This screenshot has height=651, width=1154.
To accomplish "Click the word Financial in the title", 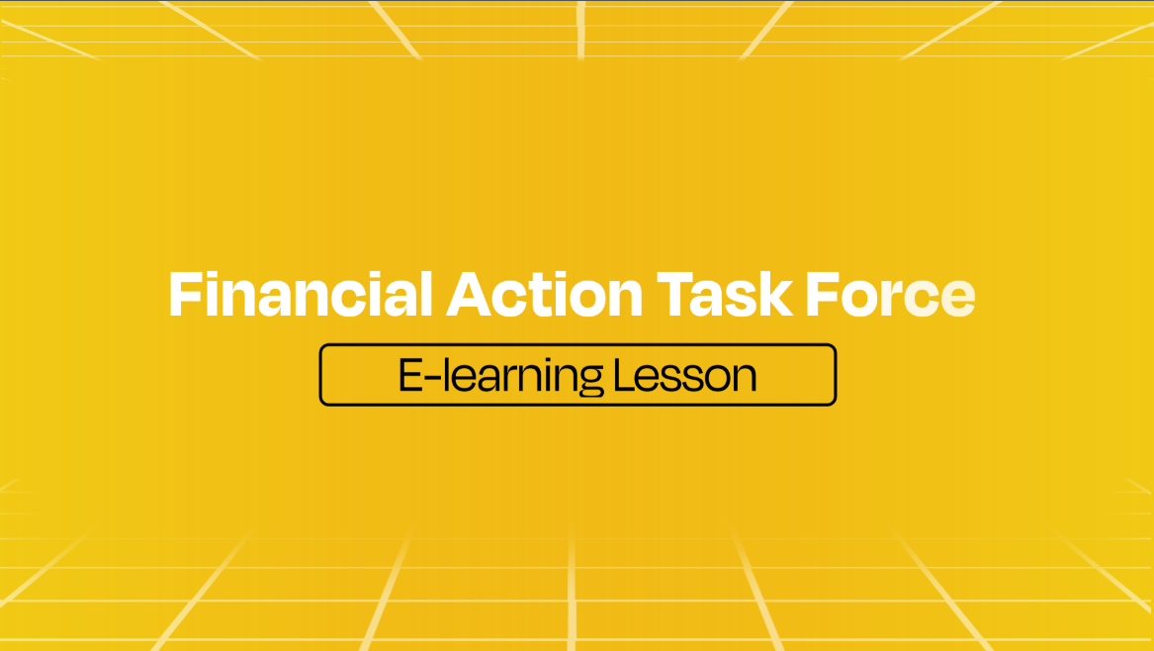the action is (301, 295).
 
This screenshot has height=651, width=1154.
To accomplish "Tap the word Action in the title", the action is (545, 295).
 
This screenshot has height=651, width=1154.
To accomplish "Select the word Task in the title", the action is (724, 295).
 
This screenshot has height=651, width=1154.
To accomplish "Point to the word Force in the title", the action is (891, 295).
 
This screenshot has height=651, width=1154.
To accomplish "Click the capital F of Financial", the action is (186, 294).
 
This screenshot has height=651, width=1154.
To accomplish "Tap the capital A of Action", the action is (469, 294).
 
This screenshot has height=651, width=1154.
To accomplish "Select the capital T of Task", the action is (675, 294).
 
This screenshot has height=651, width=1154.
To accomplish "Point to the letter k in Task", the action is (775, 294).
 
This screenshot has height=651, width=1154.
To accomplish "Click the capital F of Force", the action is (822, 294).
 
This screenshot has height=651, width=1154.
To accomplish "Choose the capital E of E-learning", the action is (410, 375).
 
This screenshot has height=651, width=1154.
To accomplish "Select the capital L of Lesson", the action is (625, 375).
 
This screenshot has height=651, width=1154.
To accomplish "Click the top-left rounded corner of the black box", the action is (323, 347).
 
